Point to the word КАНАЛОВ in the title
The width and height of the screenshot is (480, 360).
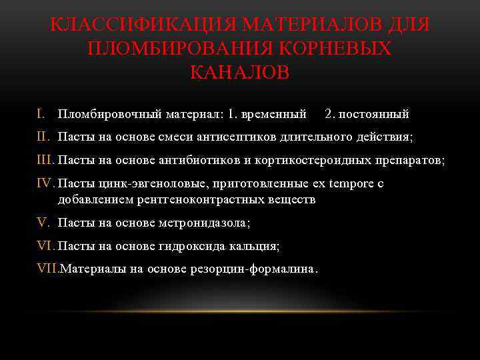[239, 72]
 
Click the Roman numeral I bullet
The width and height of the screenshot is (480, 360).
[41, 114]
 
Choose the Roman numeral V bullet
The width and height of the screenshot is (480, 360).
[43, 223]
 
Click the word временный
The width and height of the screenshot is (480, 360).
[276, 115]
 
